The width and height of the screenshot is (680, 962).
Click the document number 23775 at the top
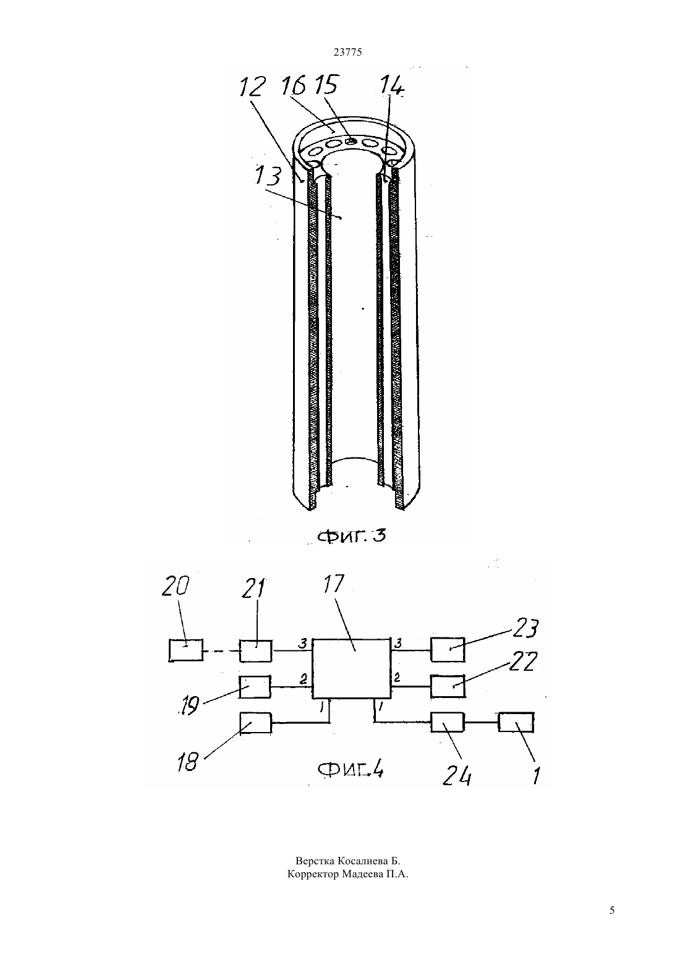coord(347,53)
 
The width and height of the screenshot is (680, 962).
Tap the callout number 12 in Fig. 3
coord(252,87)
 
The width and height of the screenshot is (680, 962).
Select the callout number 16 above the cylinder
coord(294,85)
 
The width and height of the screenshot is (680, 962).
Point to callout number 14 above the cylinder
coord(392,87)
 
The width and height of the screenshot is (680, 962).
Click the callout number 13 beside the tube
coord(268,176)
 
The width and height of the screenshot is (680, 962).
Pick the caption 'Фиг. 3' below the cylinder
coord(352,535)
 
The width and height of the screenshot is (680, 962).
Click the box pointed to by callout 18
coord(256,723)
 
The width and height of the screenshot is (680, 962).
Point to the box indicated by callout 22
coord(448,686)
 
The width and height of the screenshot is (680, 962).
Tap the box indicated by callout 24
coord(448,722)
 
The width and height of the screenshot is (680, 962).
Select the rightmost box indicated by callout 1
coord(516,722)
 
